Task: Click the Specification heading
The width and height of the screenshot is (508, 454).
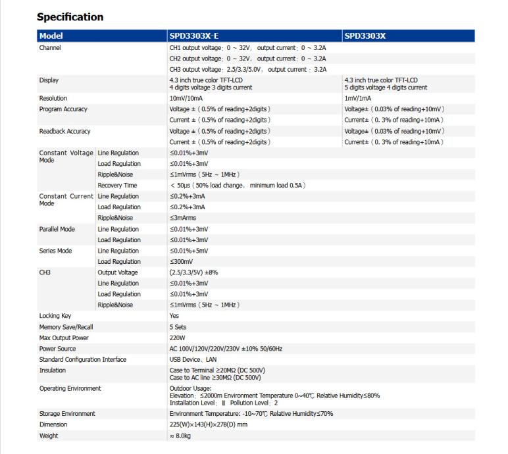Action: (x=70, y=16)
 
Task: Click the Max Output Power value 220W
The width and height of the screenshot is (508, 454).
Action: (x=178, y=338)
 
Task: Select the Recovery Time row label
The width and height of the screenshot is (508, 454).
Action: (x=117, y=186)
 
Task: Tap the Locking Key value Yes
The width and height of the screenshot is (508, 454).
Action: (x=174, y=316)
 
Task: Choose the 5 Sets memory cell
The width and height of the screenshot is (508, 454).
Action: (x=178, y=327)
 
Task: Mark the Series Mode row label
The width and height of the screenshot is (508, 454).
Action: (x=56, y=251)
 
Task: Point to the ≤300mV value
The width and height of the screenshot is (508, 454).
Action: (x=182, y=262)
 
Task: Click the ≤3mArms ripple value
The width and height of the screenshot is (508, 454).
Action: (x=184, y=218)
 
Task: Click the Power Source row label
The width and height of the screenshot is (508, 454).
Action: (x=57, y=349)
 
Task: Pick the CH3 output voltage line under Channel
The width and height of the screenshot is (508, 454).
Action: (x=247, y=69)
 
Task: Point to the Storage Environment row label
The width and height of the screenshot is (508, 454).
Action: (x=67, y=414)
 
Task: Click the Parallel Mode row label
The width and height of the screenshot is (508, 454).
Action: (x=57, y=229)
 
